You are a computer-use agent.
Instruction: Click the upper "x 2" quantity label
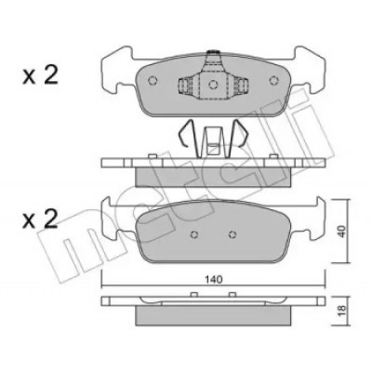click(x=40, y=76)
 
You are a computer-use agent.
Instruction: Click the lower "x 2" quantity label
click(x=40, y=219)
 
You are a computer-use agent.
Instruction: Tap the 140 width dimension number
click(x=214, y=279)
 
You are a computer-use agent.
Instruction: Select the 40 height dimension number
click(x=341, y=232)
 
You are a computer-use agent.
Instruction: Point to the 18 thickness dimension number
click(x=341, y=311)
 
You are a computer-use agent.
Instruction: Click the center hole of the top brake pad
click(x=213, y=84)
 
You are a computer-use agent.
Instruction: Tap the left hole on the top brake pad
click(x=153, y=80)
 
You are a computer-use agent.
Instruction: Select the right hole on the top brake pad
click(x=273, y=80)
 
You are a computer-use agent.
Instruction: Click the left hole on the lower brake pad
click(x=194, y=234)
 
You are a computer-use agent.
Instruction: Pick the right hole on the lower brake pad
click(x=232, y=234)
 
